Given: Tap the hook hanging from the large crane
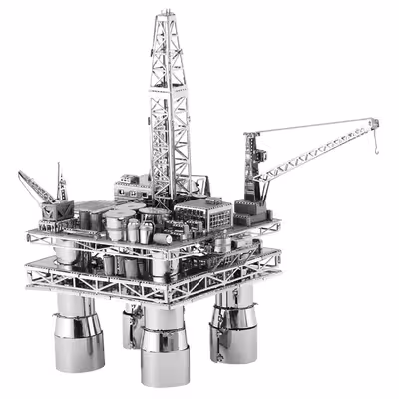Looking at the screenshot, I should coord(377,150).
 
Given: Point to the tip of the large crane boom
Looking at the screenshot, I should coord(373,124).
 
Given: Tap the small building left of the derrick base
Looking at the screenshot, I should coord(130,188).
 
